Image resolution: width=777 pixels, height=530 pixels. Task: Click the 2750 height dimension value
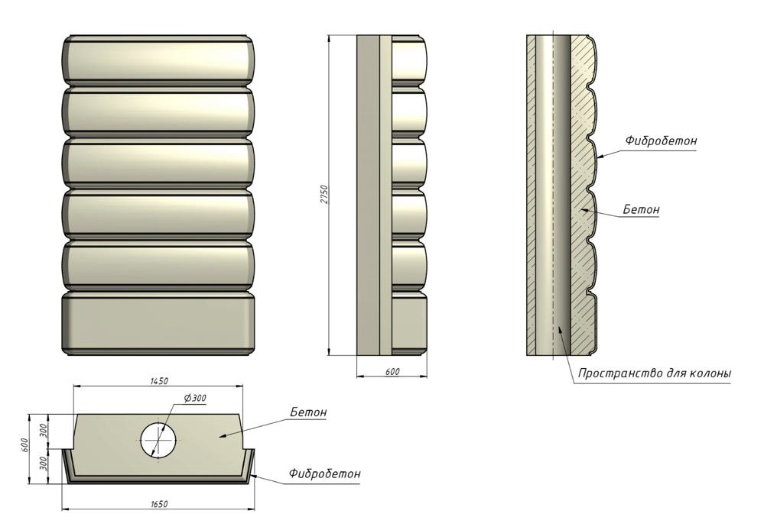(323, 195)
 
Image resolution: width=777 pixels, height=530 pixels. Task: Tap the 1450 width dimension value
(159, 381)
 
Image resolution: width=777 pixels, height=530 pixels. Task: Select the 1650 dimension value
(159, 504)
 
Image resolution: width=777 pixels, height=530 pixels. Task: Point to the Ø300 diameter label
(195, 397)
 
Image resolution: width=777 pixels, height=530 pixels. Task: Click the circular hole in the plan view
(158, 439)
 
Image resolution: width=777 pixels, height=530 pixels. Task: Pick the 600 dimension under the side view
(392, 371)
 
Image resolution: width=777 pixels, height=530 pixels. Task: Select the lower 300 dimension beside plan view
(43, 464)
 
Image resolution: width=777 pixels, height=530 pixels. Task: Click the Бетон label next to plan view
(309, 412)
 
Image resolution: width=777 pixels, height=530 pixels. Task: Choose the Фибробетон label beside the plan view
(325, 473)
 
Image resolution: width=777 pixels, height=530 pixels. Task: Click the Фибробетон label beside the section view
(661, 141)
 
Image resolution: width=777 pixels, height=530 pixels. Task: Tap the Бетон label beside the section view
(641, 209)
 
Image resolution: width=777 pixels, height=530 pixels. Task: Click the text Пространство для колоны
(655, 373)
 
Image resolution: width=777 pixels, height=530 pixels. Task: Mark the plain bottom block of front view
(158, 323)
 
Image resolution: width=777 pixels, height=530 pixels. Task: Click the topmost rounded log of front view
(158, 60)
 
